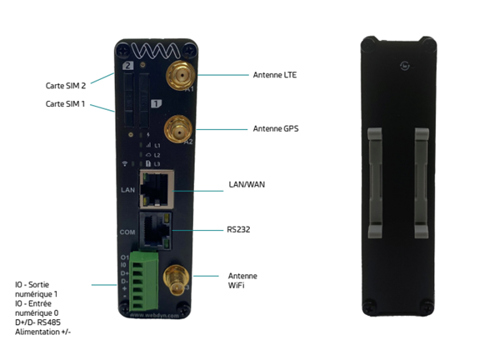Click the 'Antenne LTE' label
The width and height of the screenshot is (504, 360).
coord(274,75)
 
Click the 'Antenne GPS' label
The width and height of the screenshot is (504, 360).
coord(275,129)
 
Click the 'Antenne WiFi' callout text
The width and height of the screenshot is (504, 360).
coord(242,282)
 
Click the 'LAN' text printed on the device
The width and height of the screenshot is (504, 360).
coord(127,191)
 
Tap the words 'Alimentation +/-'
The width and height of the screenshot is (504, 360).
coord(42,332)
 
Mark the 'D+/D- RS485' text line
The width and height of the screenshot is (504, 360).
coord(37,322)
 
